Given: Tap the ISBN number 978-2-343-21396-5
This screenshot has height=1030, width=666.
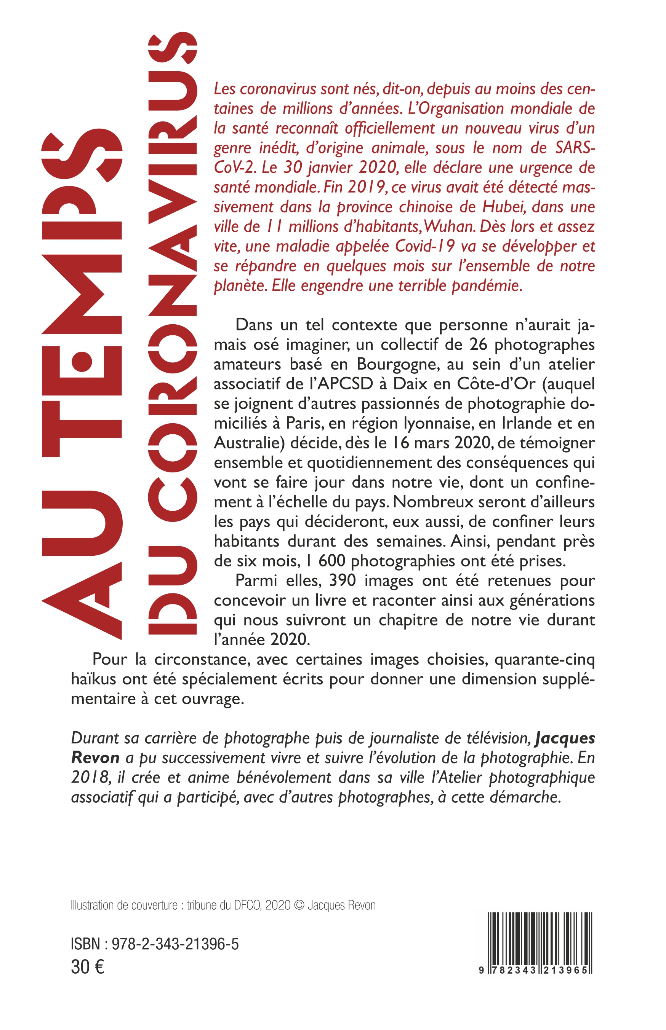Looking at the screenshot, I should (175, 944).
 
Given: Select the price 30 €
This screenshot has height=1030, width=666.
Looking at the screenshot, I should (87, 967).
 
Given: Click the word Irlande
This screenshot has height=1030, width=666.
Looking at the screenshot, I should (527, 423).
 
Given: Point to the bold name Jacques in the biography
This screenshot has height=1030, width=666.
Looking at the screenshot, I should (565, 738).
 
